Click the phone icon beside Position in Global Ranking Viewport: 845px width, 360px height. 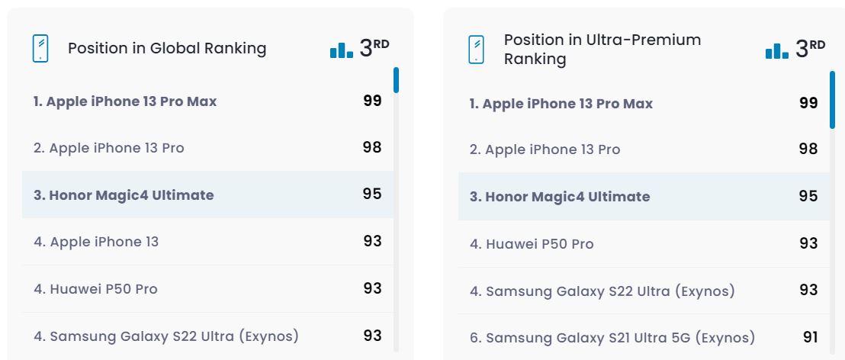coord(40,49)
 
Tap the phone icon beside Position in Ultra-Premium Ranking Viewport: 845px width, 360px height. coord(477,50)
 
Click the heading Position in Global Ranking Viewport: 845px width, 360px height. coord(167,48)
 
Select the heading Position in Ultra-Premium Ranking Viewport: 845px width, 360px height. coord(602,49)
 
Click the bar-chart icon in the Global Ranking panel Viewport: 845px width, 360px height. coord(341,50)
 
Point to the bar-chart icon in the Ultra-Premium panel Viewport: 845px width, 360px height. coord(776,50)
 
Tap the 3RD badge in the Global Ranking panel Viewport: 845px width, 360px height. coord(374,48)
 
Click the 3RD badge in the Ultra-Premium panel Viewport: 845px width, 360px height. coord(810,48)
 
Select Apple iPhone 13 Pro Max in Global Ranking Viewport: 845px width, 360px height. coord(125,101)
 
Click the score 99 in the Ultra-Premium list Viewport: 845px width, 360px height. coord(808,103)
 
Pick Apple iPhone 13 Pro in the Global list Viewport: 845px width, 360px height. coord(109,148)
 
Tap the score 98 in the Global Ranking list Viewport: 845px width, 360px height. coord(372,147)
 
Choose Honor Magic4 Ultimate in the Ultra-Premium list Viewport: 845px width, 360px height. coord(560,197)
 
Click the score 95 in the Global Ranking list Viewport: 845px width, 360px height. coord(372,194)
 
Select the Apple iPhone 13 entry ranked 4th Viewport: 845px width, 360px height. coord(96,242)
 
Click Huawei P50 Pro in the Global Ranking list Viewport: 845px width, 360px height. coord(95,289)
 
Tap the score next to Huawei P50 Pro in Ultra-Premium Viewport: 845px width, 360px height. coord(808,243)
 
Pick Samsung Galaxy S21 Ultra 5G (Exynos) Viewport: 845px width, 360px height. coord(612,337)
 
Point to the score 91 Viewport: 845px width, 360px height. coord(810,336)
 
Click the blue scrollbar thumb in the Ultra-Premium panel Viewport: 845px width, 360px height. coord(832,100)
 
